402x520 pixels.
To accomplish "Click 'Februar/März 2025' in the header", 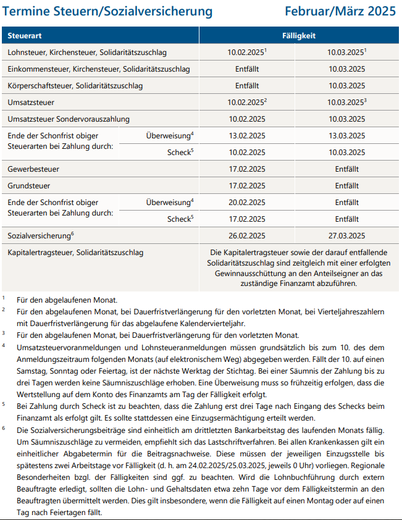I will click(x=341, y=12).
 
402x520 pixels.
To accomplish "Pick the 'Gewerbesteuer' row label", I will click(x=35, y=169).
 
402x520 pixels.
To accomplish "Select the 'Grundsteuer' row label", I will click(x=29, y=185).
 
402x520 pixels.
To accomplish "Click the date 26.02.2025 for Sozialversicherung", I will click(x=246, y=236).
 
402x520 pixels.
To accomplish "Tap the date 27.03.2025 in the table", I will click(x=346, y=236).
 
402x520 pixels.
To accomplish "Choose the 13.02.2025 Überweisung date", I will click(x=246, y=135).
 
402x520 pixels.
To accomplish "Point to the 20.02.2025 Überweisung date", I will click(x=246, y=202).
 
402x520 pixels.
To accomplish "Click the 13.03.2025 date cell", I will click(x=346, y=135).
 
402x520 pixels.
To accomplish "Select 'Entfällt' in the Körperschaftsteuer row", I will click(x=246, y=85).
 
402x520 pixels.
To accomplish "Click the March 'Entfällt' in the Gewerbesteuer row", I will click(x=346, y=169).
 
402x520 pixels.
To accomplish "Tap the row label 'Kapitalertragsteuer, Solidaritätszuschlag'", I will click(x=75, y=253).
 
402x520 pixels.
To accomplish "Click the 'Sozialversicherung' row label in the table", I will click(x=39, y=236).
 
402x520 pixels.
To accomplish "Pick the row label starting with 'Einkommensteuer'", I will click(x=99, y=69).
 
